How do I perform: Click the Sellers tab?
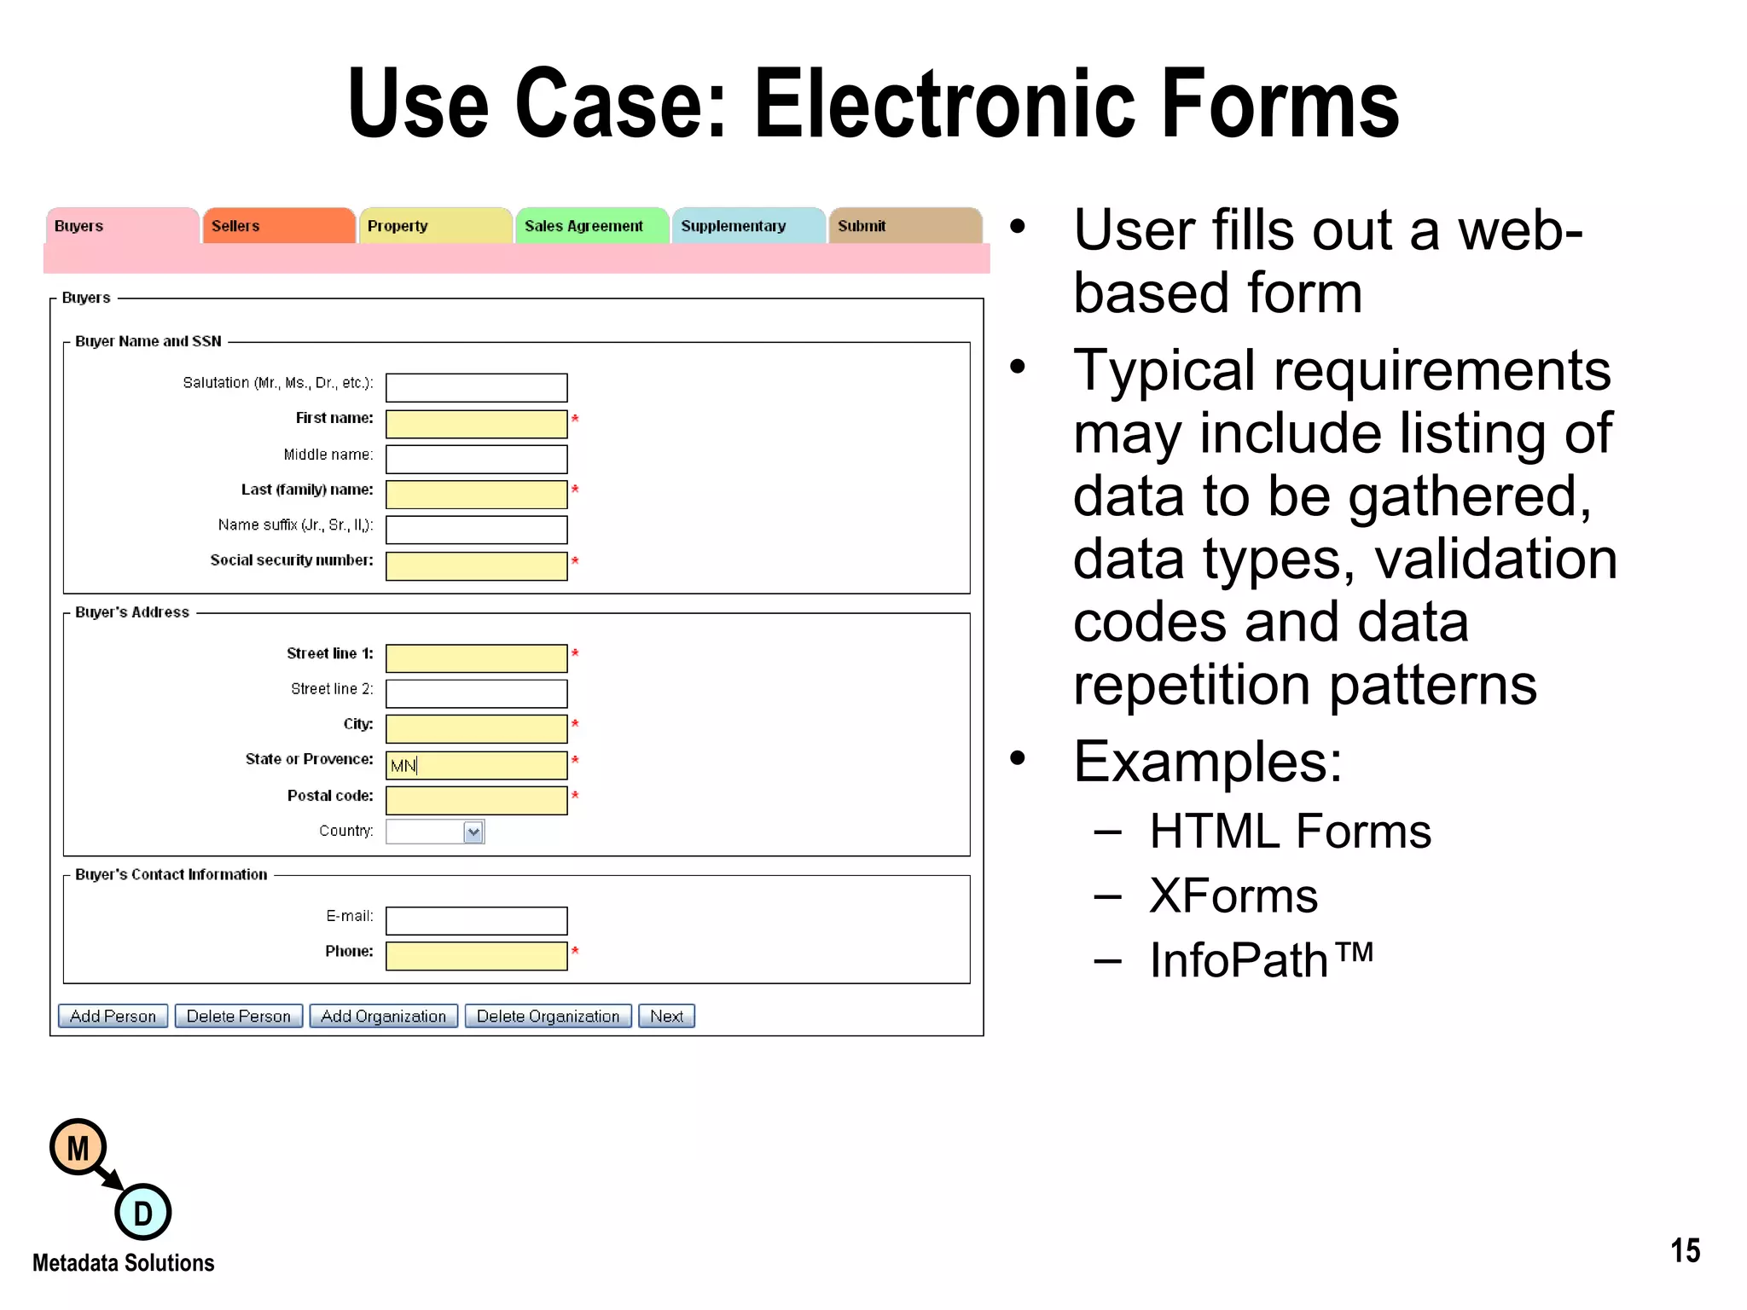(x=278, y=226)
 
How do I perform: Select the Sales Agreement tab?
(x=590, y=226)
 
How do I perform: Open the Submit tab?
(x=904, y=226)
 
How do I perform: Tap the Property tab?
(x=435, y=226)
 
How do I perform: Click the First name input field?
(x=476, y=424)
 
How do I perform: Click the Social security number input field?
(x=476, y=566)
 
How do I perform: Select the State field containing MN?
(x=476, y=765)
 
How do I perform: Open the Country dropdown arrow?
(x=473, y=832)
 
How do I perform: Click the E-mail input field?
(x=476, y=921)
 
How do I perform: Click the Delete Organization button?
(x=548, y=1016)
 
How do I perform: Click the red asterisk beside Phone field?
(x=575, y=951)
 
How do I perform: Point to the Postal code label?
(x=330, y=796)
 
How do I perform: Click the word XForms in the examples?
(x=1233, y=896)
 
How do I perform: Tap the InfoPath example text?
(x=1260, y=960)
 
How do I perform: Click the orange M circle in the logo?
(x=78, y=1148)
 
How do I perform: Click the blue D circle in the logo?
(x=142, y=1213)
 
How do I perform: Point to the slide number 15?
(x=1685, y=1251)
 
